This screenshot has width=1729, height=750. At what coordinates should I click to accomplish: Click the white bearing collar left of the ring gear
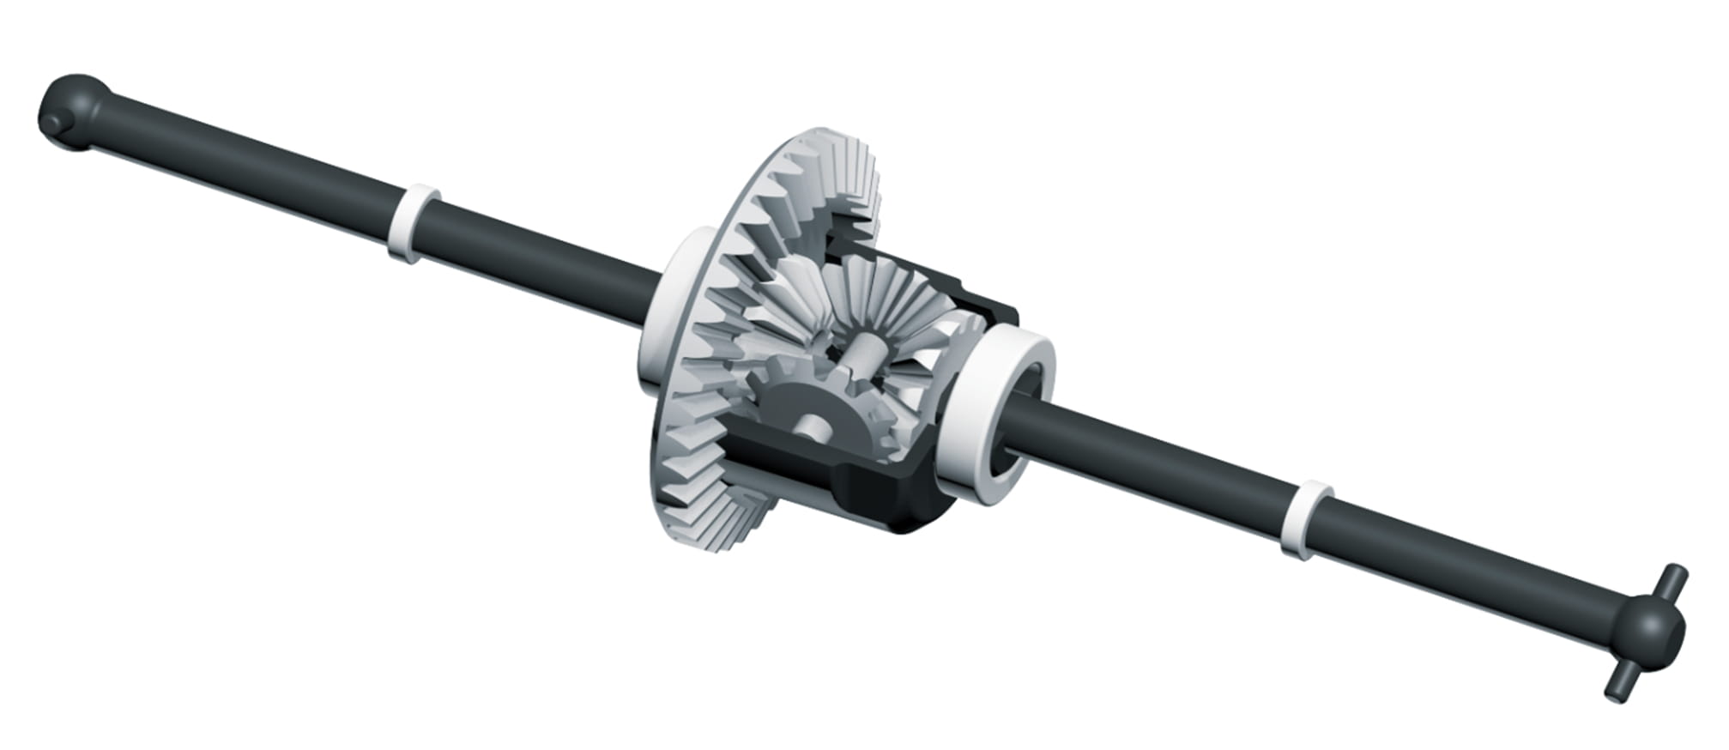pos(665,309)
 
